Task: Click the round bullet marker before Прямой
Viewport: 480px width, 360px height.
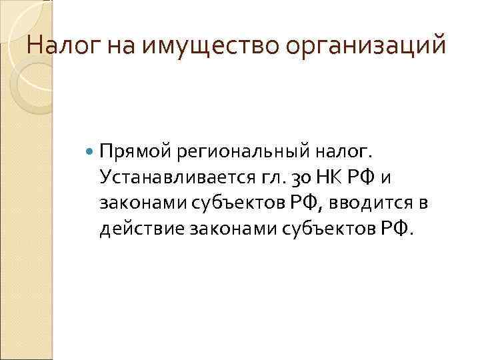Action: tap(91, 151)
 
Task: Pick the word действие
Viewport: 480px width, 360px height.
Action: tap(141, 229)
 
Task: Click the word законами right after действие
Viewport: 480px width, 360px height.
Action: tap(223, 229)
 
